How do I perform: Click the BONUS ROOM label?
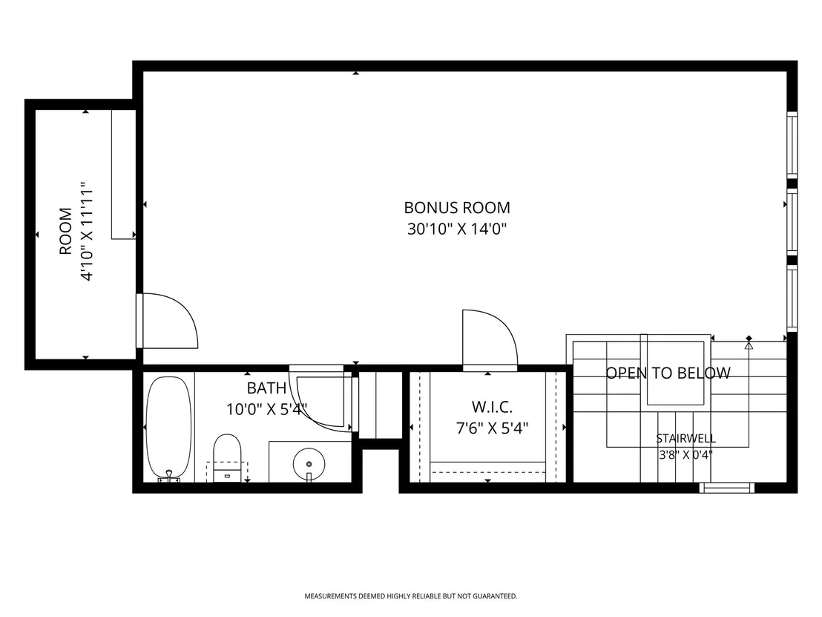click(456, 208)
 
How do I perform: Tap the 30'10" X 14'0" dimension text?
click(456, 229)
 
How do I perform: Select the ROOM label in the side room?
click(65, 232)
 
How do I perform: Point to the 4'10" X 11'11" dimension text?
click(87, 232)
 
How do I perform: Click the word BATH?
click(266, 388)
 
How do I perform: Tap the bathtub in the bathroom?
click(168, 428)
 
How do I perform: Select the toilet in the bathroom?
click(227, 457)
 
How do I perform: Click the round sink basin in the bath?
click(309, 464)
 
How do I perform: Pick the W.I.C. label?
click(492, 407)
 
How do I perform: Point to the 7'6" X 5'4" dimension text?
click(492, 428)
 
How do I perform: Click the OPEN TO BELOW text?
click(668, 373)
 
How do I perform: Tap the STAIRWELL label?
click(685, 438)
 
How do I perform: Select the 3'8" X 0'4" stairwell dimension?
click(685, 454)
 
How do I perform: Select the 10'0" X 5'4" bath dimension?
click(266, 409)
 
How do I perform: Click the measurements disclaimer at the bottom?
click(411, 596)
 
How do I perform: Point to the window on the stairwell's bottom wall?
click(726, 488)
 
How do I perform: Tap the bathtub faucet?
click(169, 475)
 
